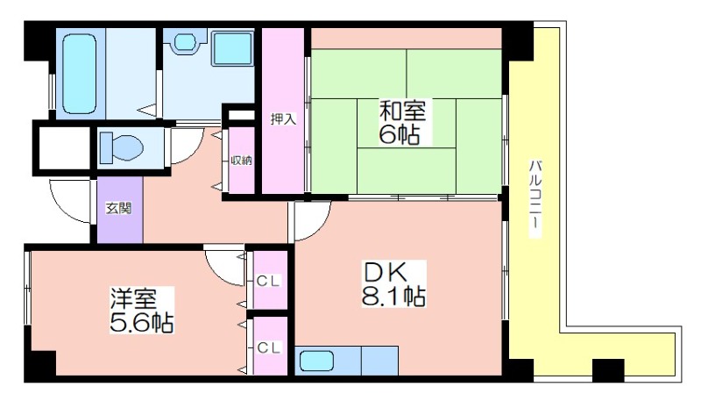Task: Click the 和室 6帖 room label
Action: (402, 122)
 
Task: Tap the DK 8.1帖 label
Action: (393, 283)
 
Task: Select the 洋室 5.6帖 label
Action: (142, 310)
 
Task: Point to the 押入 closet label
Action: (283, 119)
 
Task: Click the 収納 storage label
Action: (242, 161)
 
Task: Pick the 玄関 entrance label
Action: (118, 208)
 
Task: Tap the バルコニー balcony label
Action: (535, 198)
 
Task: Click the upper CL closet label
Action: (268, 281)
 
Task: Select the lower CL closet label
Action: (268, 347)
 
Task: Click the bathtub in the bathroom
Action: (80, 74)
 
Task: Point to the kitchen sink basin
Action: (317, 361)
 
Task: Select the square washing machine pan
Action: (232, 48)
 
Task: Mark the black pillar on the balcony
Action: (608, 369)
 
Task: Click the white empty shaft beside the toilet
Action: (64, 148)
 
